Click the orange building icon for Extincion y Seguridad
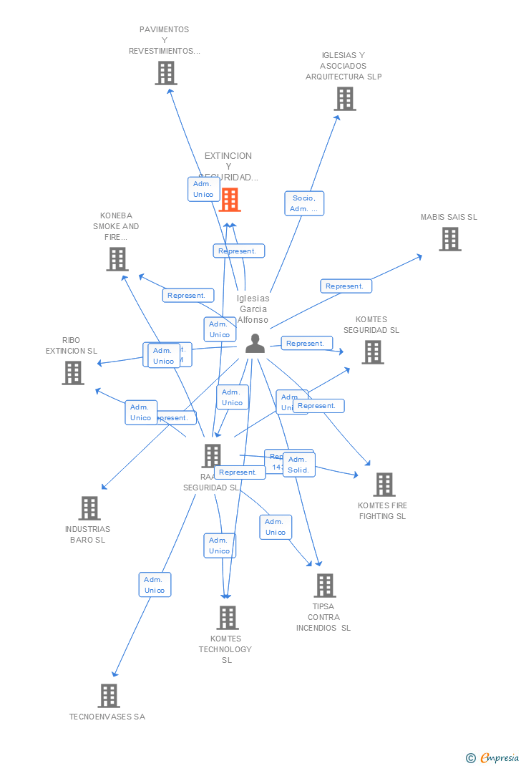[x=230, y=200]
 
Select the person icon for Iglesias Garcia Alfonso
[x=255, y=344]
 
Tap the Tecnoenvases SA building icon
[x=109, y=695]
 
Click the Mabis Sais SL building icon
[x=450, y=239]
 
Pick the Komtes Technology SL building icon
[x=227, y=617]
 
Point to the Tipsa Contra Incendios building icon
[x=325, y=585]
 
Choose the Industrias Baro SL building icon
[x=89, y=508]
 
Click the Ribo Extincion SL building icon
[x=73, y=372]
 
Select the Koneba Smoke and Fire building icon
[x=117, y=258]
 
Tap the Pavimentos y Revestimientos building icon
[x=166, y=72]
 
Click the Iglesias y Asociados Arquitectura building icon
[x=345, y=99]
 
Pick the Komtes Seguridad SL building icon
[x=372, y=352]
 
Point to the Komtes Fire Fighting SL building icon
[x=384, y=484]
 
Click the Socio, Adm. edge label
[x=304, y=203]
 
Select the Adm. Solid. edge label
[x=298, y=465]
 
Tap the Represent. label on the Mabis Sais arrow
[x=346, y=286]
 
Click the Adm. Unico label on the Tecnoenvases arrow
[x=155, y=585]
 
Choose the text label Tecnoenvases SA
[x=107, y=717]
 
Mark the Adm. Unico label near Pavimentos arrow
[x=203, y=189]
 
